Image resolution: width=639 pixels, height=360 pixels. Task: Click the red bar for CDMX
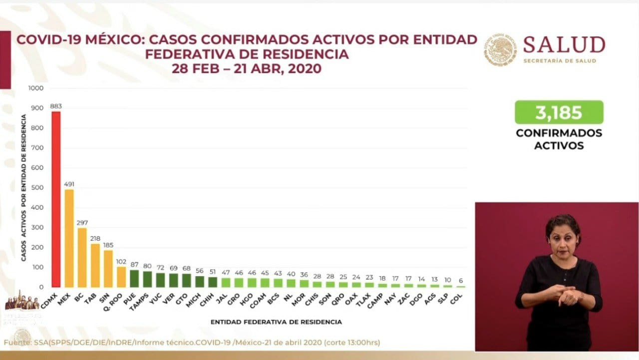coord(56,200)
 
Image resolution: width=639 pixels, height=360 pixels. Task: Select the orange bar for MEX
coord(69,238)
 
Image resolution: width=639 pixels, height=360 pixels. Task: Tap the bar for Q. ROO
coord(121,277)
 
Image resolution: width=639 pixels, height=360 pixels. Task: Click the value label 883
coord(56,106)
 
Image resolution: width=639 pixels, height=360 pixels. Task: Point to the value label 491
coord(69,184)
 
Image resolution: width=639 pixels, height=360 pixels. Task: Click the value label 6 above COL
coord(460,281)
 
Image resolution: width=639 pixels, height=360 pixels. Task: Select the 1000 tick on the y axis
coord(37,88)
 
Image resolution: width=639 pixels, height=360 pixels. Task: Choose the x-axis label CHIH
coord(209,299)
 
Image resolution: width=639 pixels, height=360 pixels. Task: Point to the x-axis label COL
coord(456,298)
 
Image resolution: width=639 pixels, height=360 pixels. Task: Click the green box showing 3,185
coord(559,112)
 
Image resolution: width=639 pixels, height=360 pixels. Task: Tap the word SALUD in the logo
coord(564,45)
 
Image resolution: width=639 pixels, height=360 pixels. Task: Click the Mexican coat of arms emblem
coord(500,49)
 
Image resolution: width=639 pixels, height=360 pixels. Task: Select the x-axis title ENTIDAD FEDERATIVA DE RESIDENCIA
coord(276,322)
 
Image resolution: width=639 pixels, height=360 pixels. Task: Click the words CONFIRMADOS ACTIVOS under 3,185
coord(559,139)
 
